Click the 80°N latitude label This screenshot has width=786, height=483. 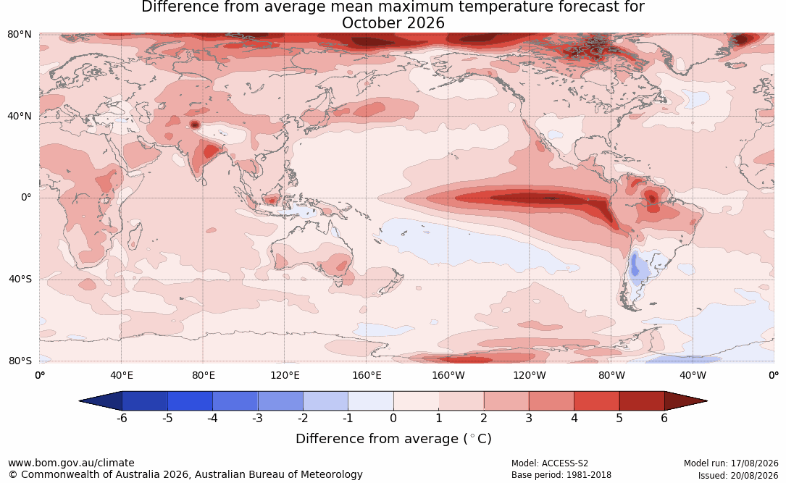[x=19, y=35]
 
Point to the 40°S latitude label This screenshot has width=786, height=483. [x=20, y=279]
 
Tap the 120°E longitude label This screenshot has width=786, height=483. [x=285, y=375]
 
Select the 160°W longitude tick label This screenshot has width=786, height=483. [x=448, y=375]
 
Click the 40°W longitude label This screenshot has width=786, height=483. [x=693, y=375]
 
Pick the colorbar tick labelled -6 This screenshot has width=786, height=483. [x=122, y=418]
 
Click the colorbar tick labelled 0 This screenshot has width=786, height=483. [x=393, y=418]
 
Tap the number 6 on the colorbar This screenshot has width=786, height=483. [x=664, y=418]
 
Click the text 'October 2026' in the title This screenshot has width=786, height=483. [x=393, y=23]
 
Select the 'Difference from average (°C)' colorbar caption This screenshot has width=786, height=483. [x=393, y=439]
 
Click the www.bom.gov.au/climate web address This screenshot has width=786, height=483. [x=71, y=463]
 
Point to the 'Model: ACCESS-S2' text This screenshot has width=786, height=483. [x=550, y=463]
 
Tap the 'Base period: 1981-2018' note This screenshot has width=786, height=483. [x=561, y=475]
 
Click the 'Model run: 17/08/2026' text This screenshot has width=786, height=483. [x=731, y=463]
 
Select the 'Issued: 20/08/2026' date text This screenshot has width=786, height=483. [x=738, y=475]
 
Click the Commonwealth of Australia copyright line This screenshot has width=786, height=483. [x=185, y=474]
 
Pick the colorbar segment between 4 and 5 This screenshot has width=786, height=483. [x=596, y=401]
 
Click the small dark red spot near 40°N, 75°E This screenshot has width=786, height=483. [x=194, y=125]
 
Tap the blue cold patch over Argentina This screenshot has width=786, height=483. [x=635, y=266]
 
